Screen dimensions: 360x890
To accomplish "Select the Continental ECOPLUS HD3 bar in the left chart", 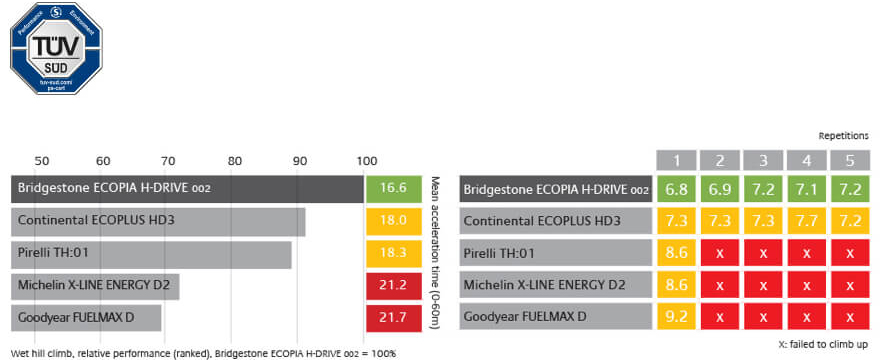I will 158,221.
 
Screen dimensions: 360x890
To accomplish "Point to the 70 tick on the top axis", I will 168,160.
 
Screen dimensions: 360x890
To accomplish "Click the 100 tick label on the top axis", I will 367,160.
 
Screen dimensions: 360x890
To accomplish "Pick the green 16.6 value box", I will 395,188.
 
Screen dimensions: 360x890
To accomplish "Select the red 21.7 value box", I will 395,319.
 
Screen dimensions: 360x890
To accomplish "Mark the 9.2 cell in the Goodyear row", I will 677,319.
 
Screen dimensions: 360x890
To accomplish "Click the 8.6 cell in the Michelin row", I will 677,287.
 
